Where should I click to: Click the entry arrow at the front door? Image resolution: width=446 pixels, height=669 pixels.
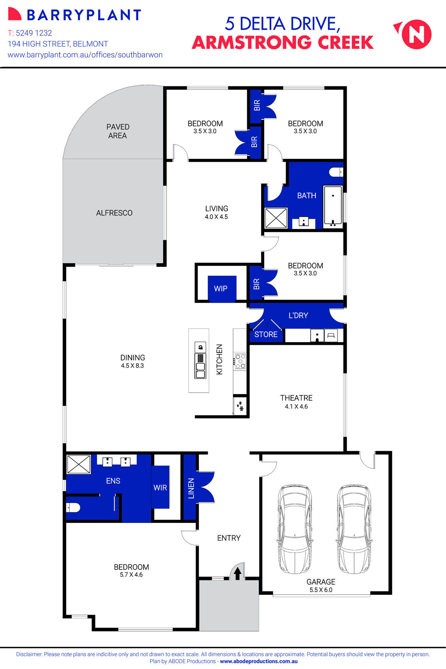237,574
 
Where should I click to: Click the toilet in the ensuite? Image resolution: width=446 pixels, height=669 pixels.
73,507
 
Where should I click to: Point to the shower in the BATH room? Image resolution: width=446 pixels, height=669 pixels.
276,218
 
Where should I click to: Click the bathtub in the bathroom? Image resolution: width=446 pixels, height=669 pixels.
333,206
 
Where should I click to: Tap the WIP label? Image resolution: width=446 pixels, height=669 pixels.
220,288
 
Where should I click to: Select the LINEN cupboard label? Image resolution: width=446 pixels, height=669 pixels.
191,488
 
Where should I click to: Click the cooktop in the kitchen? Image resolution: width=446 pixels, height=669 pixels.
240,361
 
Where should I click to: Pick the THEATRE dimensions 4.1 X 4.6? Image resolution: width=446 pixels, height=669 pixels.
296,407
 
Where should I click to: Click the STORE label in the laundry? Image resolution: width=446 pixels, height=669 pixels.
266,334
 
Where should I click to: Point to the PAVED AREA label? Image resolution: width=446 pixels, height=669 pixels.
118,131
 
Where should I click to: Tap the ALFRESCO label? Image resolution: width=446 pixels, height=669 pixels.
114,213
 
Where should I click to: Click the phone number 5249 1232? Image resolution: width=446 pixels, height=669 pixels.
34,33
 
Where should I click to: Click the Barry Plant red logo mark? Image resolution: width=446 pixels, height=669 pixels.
15,14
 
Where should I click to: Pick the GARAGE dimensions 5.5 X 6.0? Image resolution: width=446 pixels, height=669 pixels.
321,590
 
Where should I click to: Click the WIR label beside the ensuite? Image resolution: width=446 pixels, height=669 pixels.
160,488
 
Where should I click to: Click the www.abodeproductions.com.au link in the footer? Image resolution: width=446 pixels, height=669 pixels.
259,662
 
